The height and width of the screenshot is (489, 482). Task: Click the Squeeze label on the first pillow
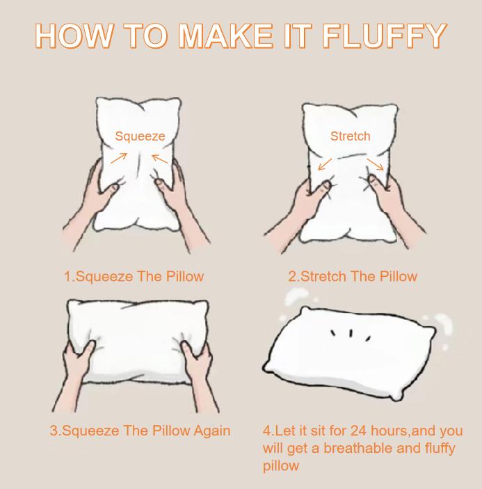[140, 136]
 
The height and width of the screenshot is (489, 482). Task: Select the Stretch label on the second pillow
[350, 136]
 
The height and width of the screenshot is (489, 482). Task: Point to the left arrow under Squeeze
[119, 158]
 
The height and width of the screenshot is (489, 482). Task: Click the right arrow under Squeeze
[160, 159]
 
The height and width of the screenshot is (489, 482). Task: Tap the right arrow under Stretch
[376, 163]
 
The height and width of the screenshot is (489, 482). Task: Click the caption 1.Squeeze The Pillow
[134, 276]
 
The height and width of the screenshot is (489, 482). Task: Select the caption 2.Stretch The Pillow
[353, 276]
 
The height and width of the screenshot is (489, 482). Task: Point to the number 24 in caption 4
[359, 431]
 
